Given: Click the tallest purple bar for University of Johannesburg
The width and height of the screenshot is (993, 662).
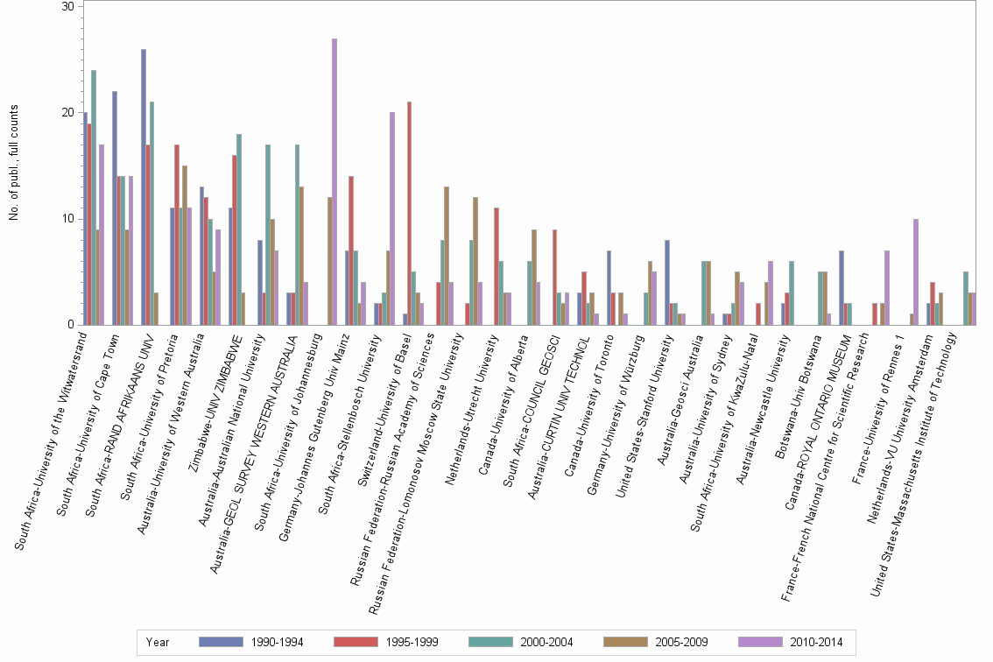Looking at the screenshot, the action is [335, 182].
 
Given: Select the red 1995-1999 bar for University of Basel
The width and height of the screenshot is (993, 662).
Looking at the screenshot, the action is [410, 214].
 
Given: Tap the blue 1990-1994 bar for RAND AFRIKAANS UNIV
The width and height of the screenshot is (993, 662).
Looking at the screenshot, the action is [144, 187].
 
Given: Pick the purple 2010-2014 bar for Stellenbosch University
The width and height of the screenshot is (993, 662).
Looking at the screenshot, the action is [392, 219].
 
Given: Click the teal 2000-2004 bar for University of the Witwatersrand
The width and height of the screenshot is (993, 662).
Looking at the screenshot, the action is [94, 198].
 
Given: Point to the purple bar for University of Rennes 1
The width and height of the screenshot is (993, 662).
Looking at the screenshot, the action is [916, 272].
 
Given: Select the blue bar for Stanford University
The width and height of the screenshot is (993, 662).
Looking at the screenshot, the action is [667, 283].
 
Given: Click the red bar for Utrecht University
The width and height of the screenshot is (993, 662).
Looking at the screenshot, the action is [496, 267].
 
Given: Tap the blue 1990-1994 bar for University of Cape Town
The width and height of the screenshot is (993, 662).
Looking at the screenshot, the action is [115, 208].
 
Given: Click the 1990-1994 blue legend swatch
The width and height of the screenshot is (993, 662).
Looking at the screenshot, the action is [221, 642].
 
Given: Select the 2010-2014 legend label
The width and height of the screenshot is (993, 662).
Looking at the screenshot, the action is [816, 643].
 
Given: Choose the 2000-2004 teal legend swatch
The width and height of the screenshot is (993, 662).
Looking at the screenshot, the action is [490, 642].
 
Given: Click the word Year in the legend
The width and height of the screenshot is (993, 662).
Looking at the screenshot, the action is [158, 643].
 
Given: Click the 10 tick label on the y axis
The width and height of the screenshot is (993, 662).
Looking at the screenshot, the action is [67, 219].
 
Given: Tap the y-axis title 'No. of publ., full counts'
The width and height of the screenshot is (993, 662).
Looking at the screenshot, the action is [13, 163].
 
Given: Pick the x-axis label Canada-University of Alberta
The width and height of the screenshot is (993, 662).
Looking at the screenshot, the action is [504, 405].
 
